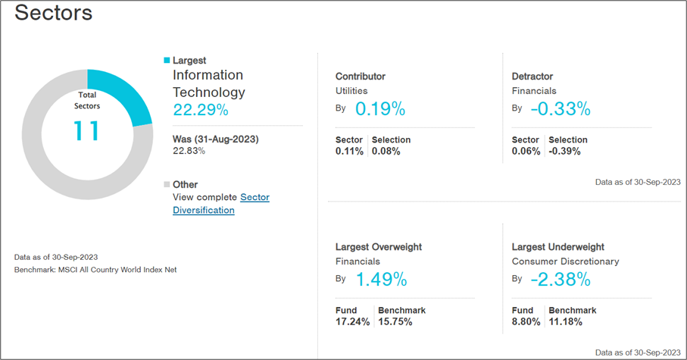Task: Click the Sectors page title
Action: click(x=54, y=13)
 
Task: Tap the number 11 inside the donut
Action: click(x=87, y=130)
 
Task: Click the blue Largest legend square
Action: click(x=167, y=60)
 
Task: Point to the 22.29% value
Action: click(x=200, y=110)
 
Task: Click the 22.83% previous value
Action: click(x=189, y=151)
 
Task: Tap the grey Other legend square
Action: click(x=167, y=184)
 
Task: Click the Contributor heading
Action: click(x=360, y=77)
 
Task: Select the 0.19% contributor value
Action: click(x=379, y=109)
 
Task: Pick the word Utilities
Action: click(x=351, y=90)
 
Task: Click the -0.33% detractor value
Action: click(x=560, y=109)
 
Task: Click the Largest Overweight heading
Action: click(x=378, y=247)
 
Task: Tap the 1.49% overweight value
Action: click(x=381, y=280)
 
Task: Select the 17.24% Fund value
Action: click(x=352, y=322)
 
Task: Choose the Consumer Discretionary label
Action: click(x=565, y=261)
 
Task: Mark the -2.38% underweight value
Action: click(x=560, y=280)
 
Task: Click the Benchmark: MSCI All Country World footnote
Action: click(x=95, y=270)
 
